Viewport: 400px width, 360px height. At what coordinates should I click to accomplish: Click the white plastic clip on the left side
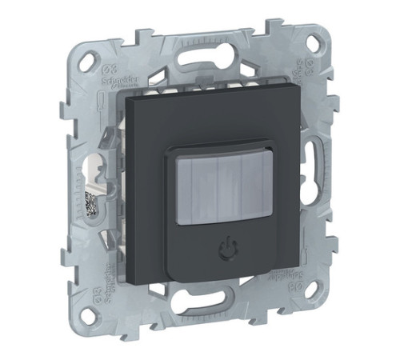click(98, 172)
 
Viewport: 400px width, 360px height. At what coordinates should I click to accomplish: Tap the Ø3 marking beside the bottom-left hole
click(99, 298)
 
